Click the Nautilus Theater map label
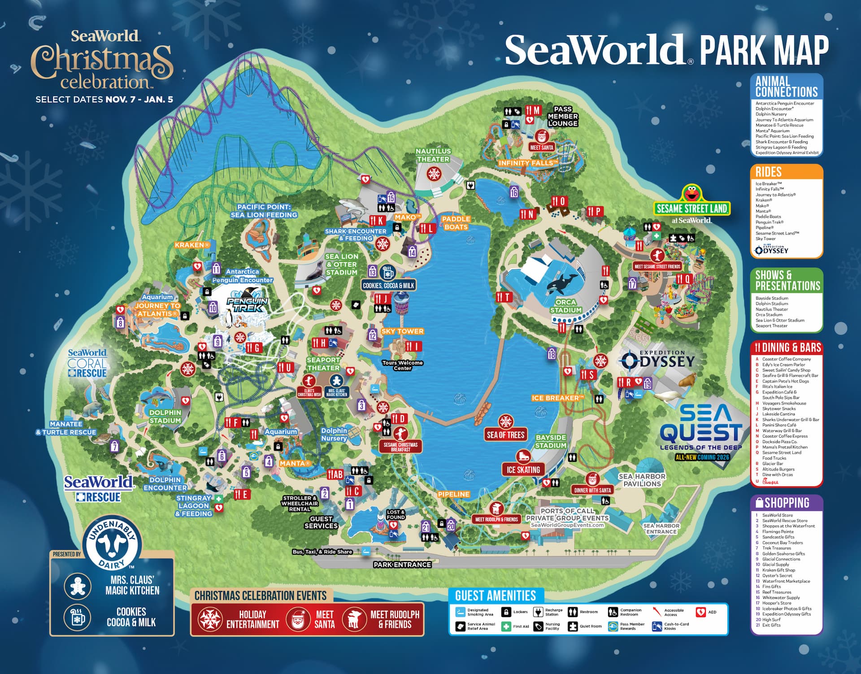[433, 155]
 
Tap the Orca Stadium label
[565, 306]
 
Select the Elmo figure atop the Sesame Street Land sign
[690, 193]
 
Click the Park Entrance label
[402, 565]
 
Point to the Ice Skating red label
[523, 470]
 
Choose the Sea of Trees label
[505, 435]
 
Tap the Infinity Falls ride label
[528, 163]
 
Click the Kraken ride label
[192, 245]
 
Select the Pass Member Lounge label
[562, 116]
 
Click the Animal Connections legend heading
[787, 87]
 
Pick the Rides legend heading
[769, 172]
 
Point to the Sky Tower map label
[402, 331]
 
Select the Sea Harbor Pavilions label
[642, 480]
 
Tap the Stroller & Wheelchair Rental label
[300, 504]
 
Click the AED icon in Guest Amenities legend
[700, 612]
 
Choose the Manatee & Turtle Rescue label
[66, 428]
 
